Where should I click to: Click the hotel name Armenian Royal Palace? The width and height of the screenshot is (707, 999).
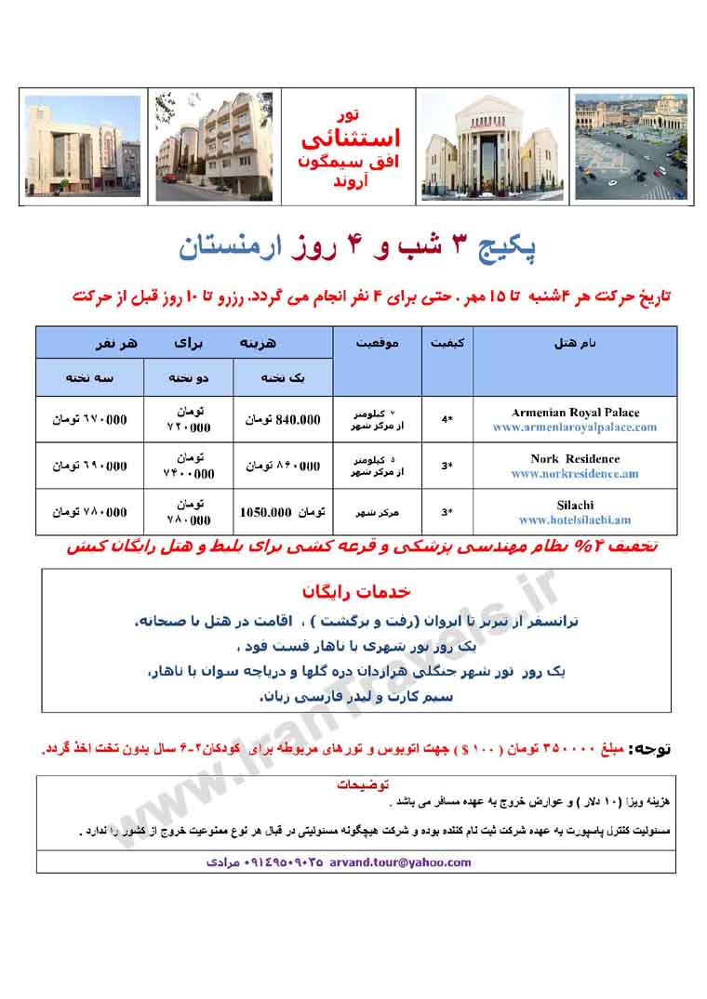coord(575,412)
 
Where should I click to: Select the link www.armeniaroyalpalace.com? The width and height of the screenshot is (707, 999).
coord(575,427)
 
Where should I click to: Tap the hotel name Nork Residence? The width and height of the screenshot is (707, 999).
coord(575,458)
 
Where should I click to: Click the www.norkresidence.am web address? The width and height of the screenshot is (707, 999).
coord(575,474)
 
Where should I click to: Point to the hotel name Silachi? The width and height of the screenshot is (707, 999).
coord(575,505)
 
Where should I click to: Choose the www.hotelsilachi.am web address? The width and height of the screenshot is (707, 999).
coord(575,520)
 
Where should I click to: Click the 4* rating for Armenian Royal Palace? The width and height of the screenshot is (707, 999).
coord(447,419)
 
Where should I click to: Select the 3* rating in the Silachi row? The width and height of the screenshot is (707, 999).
coord(447,512)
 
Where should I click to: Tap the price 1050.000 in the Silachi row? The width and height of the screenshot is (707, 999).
coord(267,512)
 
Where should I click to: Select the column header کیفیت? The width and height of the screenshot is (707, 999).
coord(447,343)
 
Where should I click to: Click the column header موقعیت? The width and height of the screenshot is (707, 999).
coord(377,343)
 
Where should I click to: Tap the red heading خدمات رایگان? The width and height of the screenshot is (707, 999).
coord(356,592)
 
